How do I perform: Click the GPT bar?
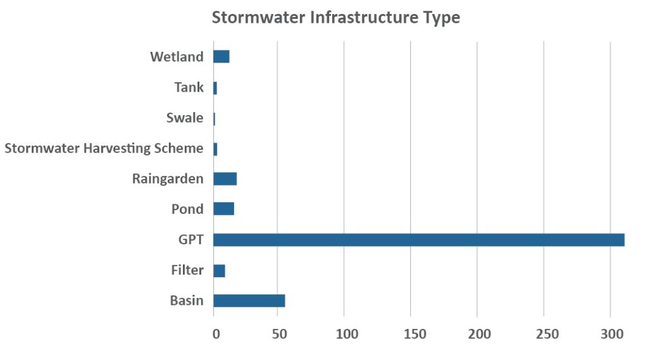point(418,240)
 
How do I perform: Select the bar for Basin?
point(249,301)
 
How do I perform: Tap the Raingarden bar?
point(225,179)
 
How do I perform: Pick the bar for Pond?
point(224,209)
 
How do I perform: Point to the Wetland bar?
point(221,57)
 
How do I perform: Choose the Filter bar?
point(220,271)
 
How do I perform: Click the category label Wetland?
point(177,57)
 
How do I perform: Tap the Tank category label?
point(189,87)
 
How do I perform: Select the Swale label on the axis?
point(185,118)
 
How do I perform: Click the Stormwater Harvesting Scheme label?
point(104,149)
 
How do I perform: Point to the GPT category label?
point(190,240)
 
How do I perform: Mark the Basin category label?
point(187,301)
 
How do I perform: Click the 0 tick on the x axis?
point(215,333)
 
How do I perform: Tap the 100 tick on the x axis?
point(347,333)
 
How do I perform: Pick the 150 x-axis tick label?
point(413,333)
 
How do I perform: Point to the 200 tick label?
point(480,333)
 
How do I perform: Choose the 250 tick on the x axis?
point(545,333)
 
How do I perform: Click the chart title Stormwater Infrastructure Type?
point(335,18)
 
